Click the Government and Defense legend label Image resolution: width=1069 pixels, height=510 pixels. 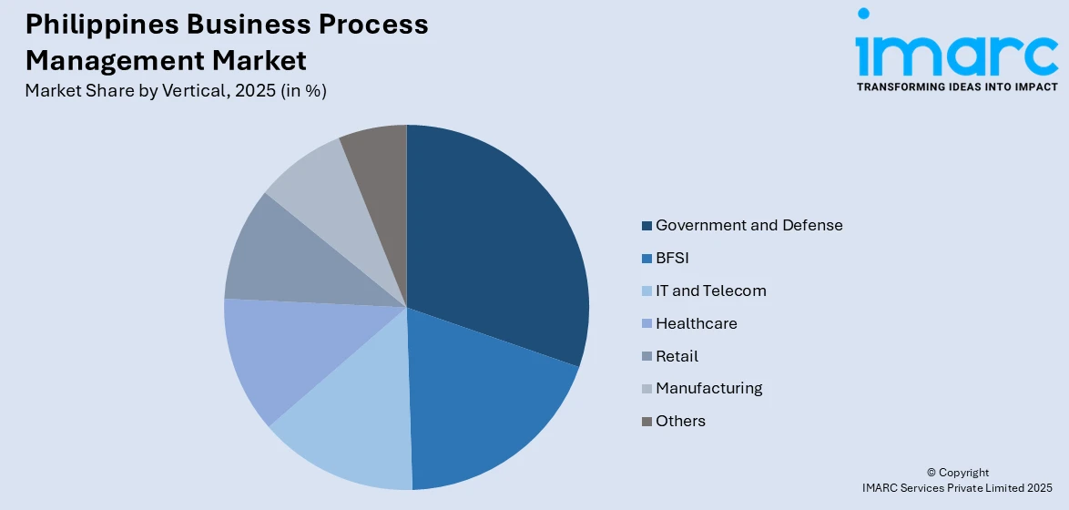pos(748,225)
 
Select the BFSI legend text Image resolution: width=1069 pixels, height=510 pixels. pos(672,258)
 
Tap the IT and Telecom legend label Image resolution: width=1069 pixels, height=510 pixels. pos(710,291)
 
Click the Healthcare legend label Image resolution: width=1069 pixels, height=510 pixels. pos(696,323)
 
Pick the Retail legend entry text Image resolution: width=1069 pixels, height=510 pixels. pos(677,356)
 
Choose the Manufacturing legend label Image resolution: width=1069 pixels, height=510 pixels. pos(708,388)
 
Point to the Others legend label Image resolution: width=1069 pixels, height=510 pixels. pos(680,421)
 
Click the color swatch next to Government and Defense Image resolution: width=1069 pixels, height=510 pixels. pos(646,226)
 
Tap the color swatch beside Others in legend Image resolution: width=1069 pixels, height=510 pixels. pos(646,422)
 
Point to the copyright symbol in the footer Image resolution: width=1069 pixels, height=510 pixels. pos(932,473)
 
